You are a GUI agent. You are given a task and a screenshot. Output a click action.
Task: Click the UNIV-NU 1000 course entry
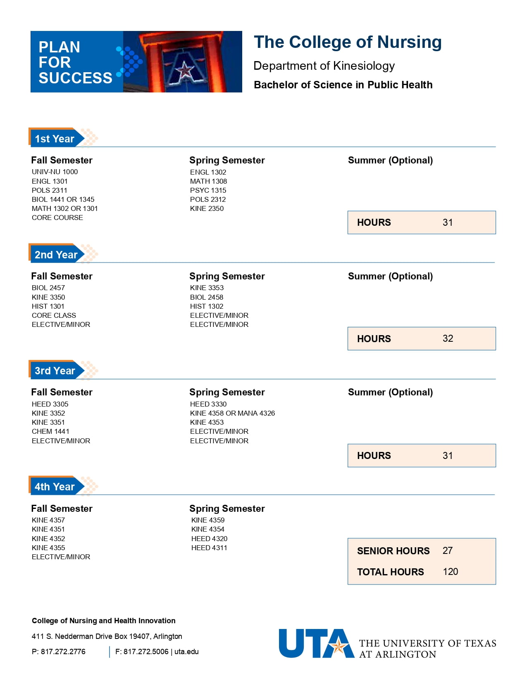click(x=55, y=172)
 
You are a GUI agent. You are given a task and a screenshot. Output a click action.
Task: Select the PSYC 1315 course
click(x=208, y=190)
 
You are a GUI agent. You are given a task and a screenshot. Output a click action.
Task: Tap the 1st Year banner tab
click(x=55, y=139)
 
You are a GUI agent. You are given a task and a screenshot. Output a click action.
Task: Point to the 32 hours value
click(x=448, y=338)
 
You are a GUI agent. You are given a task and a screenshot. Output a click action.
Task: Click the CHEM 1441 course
click(x=50, y=431)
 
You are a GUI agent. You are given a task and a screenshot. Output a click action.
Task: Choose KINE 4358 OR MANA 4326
click(x=232, y=413)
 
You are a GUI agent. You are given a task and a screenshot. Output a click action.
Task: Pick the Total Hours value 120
click(x=450, y=572)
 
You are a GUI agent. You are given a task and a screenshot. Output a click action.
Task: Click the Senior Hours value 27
click(x=447, y=551)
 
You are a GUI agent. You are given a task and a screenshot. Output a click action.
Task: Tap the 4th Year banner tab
click(x=55, y=487)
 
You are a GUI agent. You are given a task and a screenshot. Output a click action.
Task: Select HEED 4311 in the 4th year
click(x=209, y=548)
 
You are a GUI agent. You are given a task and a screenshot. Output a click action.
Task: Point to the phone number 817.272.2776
click(x=63, y=652)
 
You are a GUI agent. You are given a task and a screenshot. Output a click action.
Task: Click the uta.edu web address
click(x=186, y=652)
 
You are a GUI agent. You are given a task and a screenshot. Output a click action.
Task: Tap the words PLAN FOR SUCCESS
click(x=75, y=62)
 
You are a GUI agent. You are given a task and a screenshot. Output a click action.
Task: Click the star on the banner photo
click(x=184, y=71)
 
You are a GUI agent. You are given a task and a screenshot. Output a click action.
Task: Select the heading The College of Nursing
click(x=348, y=42)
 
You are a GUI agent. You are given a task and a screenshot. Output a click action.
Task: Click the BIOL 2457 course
click(x=48, y=288)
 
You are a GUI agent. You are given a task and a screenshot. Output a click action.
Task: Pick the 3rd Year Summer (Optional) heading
click(x=390, y=392)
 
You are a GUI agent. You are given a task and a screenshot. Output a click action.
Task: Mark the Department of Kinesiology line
click(x=324, y=66)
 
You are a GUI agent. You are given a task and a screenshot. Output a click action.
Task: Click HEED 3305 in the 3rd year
click(x=50, y=404)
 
